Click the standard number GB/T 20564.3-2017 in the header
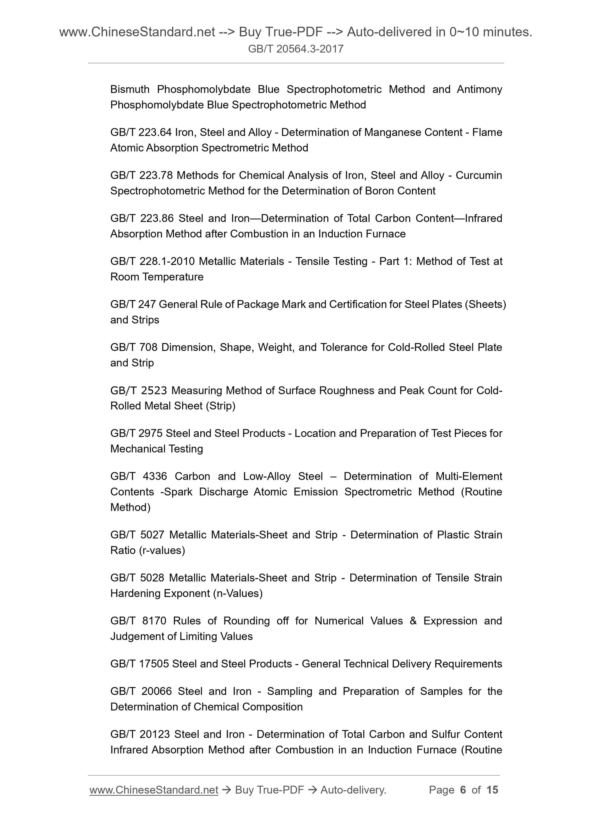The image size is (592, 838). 296,50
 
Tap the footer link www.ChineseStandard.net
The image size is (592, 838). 154,790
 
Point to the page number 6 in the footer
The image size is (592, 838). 463,790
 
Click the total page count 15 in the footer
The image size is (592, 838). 492,790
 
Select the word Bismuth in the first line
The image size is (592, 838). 130,89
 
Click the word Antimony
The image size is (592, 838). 479,89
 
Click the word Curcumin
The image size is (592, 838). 479,175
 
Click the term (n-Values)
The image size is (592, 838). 238,594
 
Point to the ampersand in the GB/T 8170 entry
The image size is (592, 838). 413,621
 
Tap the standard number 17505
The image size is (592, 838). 154,664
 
